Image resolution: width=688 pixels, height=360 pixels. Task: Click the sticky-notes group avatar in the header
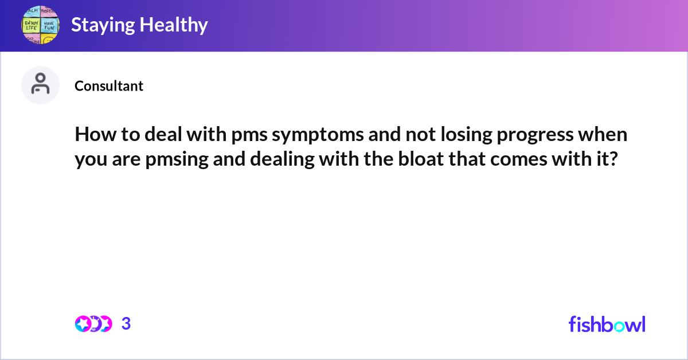[40, 25]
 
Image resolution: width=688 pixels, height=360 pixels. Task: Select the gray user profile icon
[40, 85]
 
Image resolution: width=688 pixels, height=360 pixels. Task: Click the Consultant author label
[109, 86]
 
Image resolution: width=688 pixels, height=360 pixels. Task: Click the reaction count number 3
[126, 324]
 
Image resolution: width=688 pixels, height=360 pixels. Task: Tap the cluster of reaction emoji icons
[93, 324]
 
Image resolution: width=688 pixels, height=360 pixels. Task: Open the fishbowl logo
[607, 324]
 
